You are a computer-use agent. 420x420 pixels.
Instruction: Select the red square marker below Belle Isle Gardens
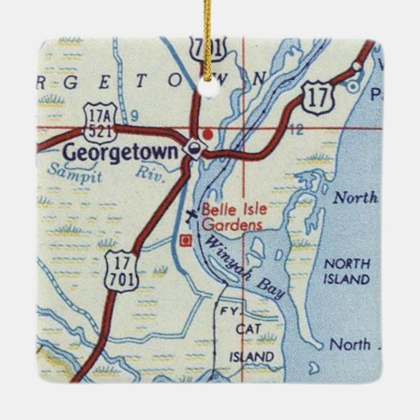coord(185,239)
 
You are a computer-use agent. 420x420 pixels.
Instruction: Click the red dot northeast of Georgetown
coord(208,134)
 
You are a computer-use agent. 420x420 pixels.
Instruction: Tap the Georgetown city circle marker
coord(193,150)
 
